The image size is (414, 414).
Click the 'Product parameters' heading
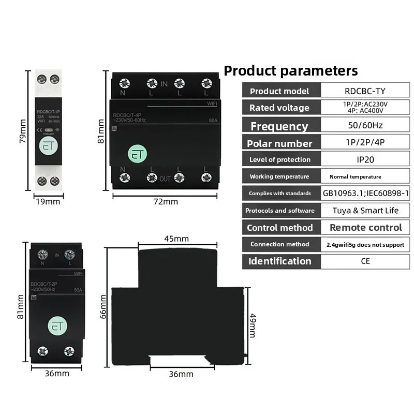(x=290, y=70)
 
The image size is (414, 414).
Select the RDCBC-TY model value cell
(x=365, y=91)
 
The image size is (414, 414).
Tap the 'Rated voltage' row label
(x=279, y=108)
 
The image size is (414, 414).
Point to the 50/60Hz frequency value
(x=365, y=126)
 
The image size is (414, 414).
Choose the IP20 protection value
(x=365, y=159)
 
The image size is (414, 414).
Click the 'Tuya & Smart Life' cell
(x=365, y=211)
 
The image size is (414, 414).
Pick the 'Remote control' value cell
(x=365, y=227)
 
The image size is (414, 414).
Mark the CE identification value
(x=365, y=261)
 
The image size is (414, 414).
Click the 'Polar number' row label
(x=279, y=143)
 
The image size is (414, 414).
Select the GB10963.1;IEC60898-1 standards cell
(x=365, y=193)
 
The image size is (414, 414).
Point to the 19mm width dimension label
(x=47, y=202)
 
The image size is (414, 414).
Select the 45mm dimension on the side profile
(x=176, y=239)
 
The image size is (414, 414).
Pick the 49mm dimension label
(x=253, y=324)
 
